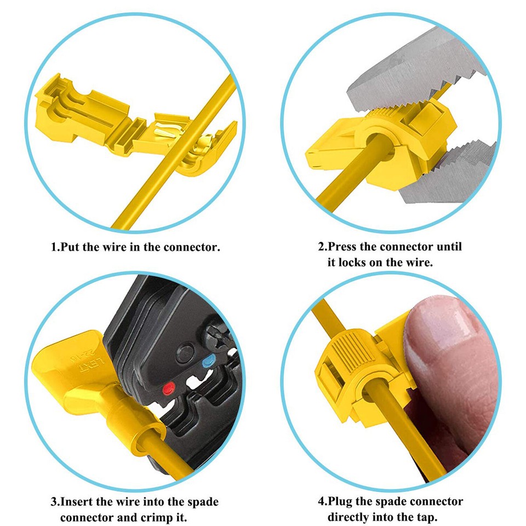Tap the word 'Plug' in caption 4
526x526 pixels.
tap(347, 501)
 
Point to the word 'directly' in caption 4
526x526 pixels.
tap(351, 517)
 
